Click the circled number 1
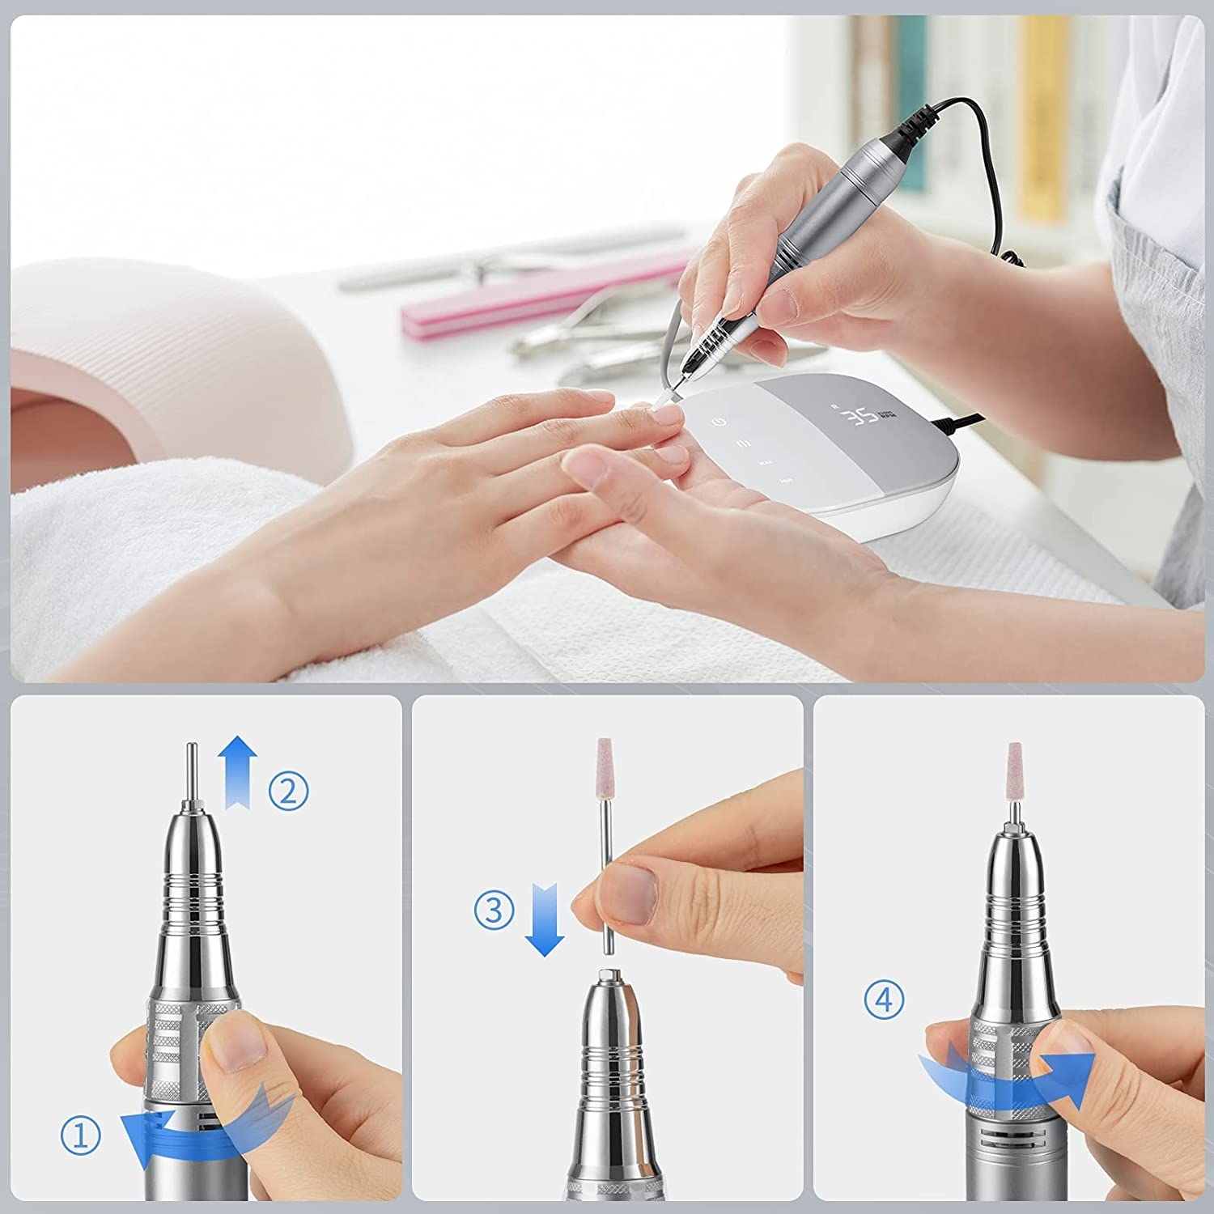coord(81,1136)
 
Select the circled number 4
coord(884,1000)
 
